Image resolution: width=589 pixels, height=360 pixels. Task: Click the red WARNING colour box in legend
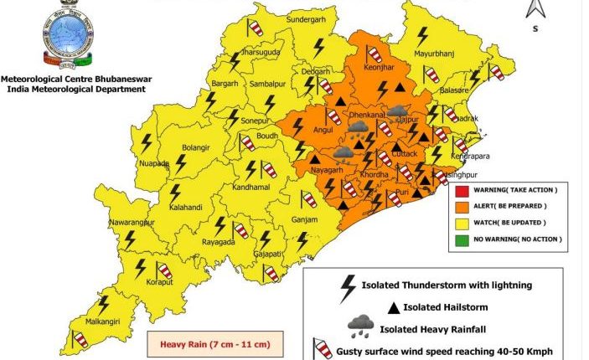coord(461,190)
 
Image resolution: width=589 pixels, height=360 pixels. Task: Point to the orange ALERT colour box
coord(461,206)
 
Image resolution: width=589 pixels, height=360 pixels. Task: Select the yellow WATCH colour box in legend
coord(461,223)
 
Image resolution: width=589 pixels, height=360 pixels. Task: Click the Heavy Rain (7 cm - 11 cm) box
coord(215,343)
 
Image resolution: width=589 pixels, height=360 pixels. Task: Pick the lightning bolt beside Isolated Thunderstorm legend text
coord(346,288)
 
